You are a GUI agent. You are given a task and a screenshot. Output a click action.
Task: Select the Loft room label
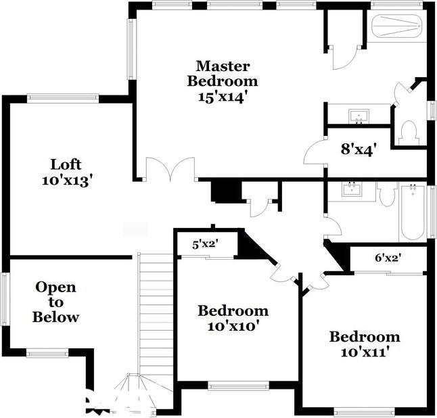click(x=66, y=164)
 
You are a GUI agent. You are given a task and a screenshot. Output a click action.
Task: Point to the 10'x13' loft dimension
click(x=66, y=180)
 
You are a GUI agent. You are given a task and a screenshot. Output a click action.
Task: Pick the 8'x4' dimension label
click(x=358, y=148)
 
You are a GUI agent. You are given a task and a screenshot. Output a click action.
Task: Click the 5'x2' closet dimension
click(x=205, y=244)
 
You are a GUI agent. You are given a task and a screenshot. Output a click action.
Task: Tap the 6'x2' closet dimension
click(x=389, y=258)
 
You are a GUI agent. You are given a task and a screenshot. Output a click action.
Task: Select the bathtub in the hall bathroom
click(x=411, y=211)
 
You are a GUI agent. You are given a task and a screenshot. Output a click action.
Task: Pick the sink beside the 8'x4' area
click(x=359, y=116)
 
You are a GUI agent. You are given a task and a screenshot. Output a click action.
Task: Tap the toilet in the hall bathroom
click(x=388, y=195)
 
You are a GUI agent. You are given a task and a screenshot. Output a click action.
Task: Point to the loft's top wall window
click(x=63, y=99)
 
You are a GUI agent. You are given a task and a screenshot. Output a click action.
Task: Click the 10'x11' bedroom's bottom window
click(x=364, y=411)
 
